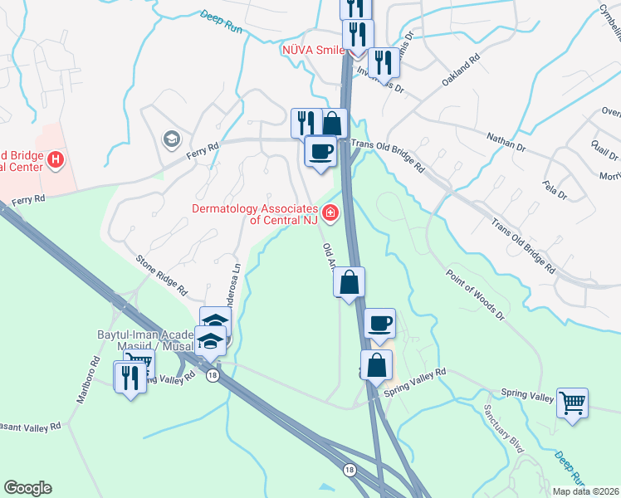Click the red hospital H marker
(56, 159)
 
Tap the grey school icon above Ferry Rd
(172, 137)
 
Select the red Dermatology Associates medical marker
(330, 214)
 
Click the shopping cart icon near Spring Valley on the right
(572, 403)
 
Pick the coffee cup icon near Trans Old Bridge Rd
(320, 151)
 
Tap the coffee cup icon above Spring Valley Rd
(379, 323)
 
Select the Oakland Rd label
(462, 71)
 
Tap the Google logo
(27, 488)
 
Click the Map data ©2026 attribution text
(584, 491)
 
